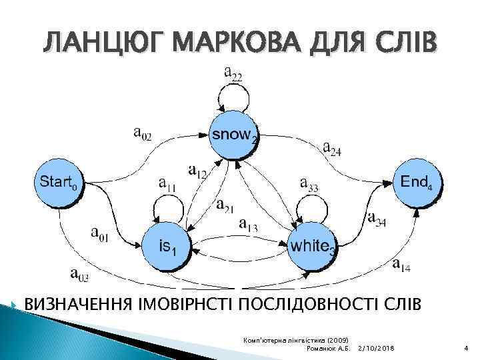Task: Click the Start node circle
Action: tap(59, 181)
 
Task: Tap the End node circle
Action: tap(419, 182)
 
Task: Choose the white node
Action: tap(311, 247)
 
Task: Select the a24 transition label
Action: tap(332, 148)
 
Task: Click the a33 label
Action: tap(309, 183)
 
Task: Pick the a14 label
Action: tap(401, 265)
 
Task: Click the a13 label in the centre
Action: tap(249, 225)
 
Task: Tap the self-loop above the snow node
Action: tap(233, 100)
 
